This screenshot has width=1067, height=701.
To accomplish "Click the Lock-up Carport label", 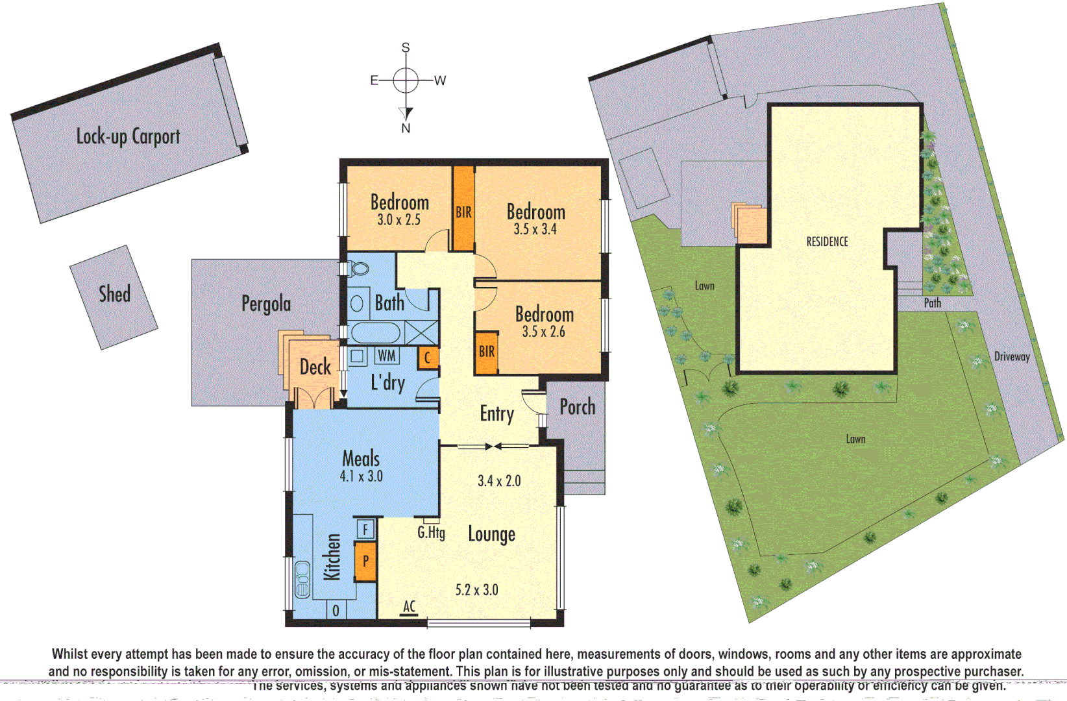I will point(128,137).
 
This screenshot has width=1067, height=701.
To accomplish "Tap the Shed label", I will point(114,294).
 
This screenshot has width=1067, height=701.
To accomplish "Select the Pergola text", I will point(265,304).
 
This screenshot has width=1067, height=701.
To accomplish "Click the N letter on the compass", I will point(406,129).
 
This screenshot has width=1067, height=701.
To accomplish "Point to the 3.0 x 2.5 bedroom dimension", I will point(399,220).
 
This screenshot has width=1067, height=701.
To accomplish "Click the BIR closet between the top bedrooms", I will point(463,212).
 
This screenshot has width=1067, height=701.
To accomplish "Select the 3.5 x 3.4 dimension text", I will point(535,229).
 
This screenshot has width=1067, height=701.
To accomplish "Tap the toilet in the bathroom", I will point(358,269).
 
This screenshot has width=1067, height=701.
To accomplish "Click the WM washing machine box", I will point(387,356).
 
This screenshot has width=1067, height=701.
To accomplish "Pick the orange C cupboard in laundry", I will point(427,358).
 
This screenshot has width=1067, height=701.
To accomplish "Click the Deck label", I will point(315,367).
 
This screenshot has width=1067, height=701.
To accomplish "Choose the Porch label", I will point(577,407).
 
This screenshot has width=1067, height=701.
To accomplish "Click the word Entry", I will point(497,414).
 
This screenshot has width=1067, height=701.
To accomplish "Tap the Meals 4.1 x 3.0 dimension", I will point(361,476).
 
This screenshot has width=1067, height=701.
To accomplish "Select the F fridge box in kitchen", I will point(365,530).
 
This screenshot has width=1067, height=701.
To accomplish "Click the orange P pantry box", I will point(365,561).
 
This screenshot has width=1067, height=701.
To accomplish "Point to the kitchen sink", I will point(302,580).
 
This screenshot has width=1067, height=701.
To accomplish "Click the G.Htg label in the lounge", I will point(431,533).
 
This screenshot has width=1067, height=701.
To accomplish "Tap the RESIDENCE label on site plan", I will point(827,241).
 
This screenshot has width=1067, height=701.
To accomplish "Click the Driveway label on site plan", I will point(1012,356).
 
